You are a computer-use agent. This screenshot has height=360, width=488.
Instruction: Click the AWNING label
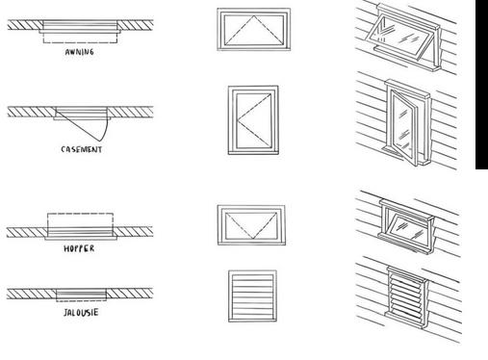click(x=79, y=52)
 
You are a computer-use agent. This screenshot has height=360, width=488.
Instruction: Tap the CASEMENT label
click(x=82, y=149)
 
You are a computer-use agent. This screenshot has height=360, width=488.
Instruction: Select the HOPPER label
click(x=79, y=248)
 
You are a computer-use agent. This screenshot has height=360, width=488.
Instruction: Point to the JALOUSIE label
click(x=81, y=313)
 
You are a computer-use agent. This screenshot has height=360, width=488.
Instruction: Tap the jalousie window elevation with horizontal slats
click(x=252, y=296)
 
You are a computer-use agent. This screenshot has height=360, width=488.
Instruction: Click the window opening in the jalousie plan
click(x=81, y=295)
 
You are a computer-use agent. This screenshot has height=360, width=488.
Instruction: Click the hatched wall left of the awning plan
click(x=25, y=25)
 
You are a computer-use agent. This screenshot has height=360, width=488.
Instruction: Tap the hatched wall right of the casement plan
click(x=130, y=112)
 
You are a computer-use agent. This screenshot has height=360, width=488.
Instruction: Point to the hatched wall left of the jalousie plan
click(x=32, y=294)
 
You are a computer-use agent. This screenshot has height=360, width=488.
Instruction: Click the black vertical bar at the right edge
click(x=481, y=85)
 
